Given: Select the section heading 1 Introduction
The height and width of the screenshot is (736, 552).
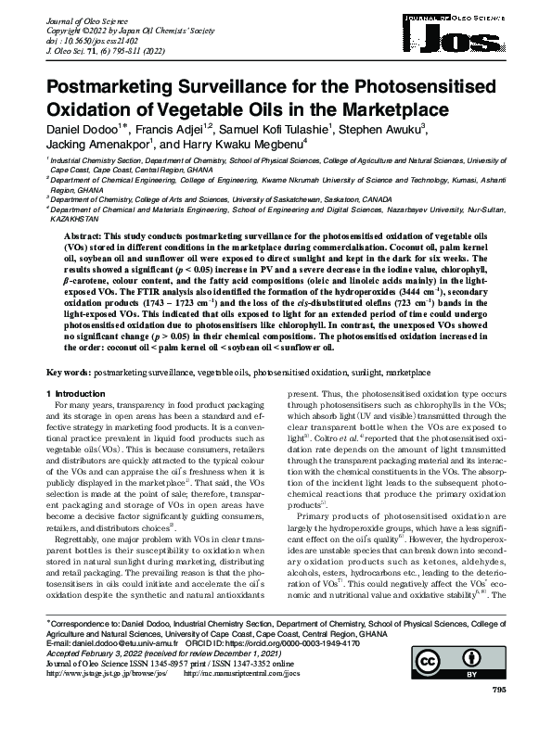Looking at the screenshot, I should tap(78, 395).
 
